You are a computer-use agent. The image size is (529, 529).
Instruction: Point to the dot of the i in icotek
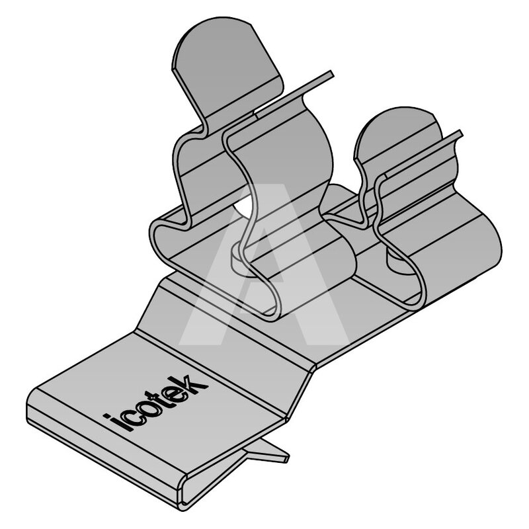pyautogui.click(x=106, y=417)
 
